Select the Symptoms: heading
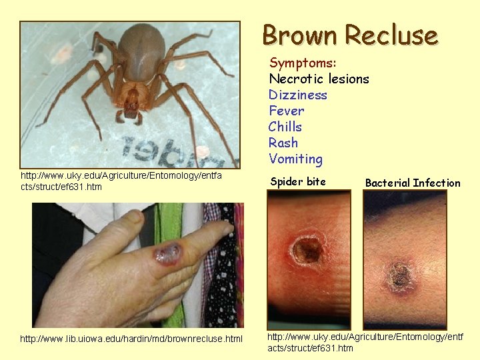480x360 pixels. [303, 63]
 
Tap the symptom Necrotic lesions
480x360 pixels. [319, 79]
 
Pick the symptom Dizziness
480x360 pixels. [298, 95]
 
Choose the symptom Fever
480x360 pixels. [286, 111]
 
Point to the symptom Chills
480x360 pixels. [285, 127]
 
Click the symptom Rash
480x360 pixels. [283, 143]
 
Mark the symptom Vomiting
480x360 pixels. [295, 159]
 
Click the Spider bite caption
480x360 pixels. [298, 181]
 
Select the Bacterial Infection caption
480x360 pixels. [413, 183]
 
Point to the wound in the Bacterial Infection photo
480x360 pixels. [399, 273]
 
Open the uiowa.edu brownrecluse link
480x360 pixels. [131, 339]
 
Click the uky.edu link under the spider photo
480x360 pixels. [121, 181]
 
